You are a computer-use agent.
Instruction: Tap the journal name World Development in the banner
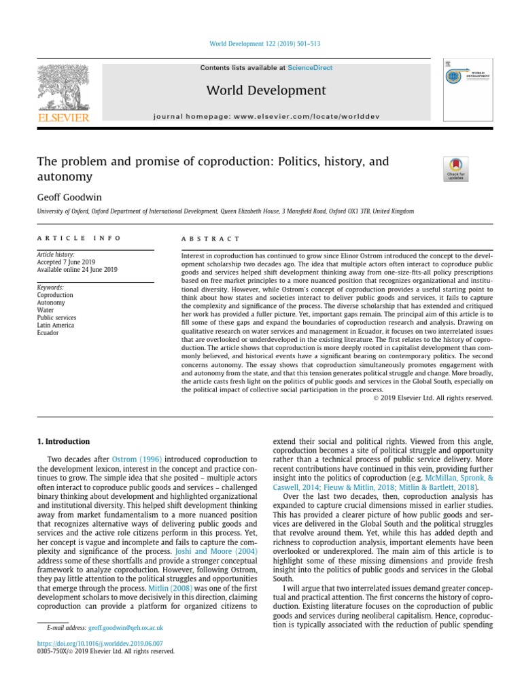266,90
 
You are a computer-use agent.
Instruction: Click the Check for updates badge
455,169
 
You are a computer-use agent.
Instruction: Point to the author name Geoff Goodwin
65,197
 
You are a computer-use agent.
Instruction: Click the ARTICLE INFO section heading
79,239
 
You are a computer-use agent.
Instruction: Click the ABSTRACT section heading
210,239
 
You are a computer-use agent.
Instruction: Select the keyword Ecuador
49,333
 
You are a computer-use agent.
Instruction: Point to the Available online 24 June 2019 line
77,270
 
